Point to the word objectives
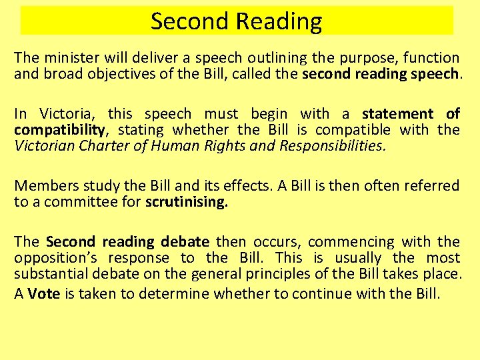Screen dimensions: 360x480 [x=136, y=74]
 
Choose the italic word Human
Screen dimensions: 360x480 [x=172, y=146]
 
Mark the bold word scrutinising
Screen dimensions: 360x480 [x=186, y=202]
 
